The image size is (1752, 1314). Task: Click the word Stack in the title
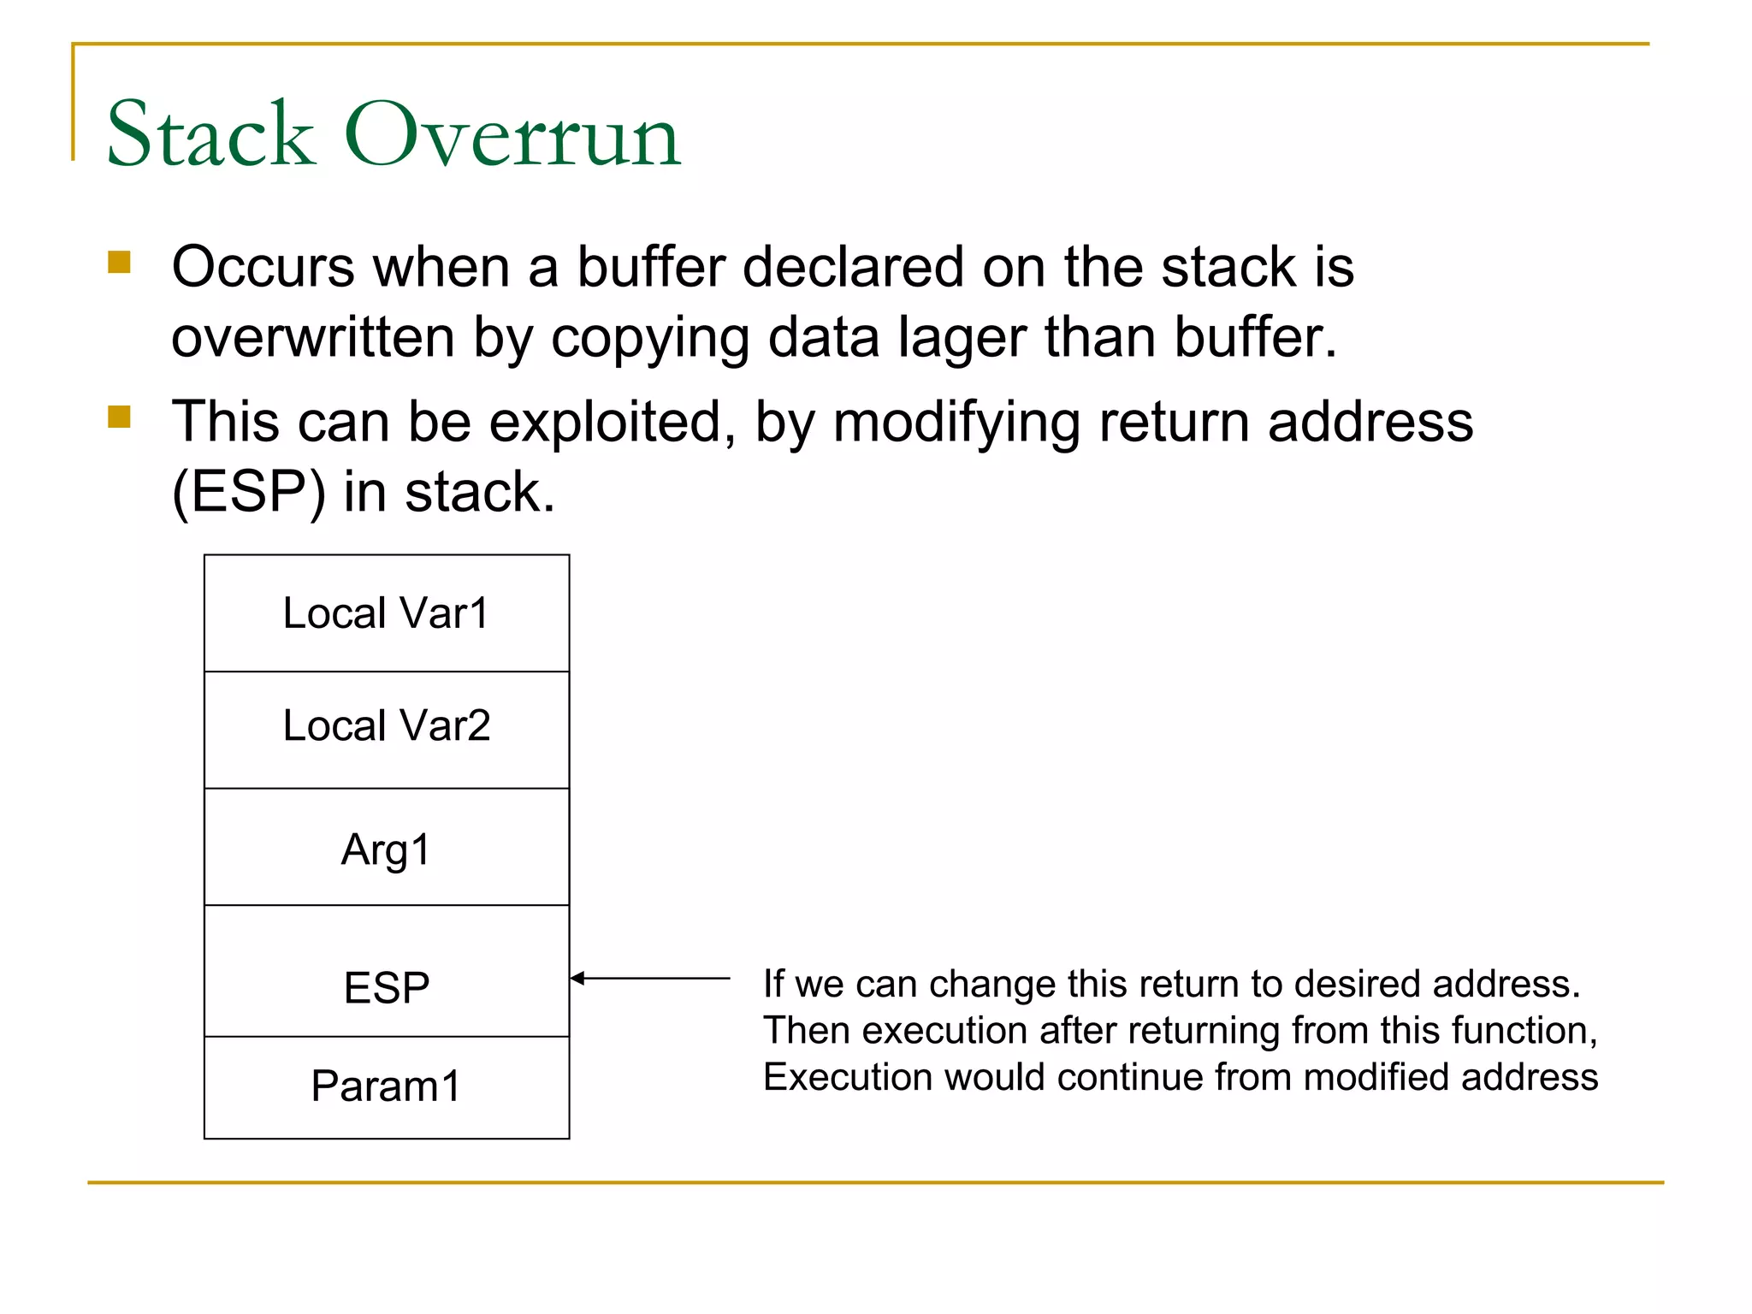[210, 134]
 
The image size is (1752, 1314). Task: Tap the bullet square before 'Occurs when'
[119, 262]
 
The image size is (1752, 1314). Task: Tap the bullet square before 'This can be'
[119, 417]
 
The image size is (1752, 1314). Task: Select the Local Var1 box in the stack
[387, 613]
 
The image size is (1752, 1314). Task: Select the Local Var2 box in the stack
[387, 729]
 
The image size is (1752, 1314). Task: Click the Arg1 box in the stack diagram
[387, 847]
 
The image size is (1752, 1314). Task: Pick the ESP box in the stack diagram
[387, 972]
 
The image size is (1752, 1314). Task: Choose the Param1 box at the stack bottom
[387, 1086]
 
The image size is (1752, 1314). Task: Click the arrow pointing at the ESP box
[650, 978]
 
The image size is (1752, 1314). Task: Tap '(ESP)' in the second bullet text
[249, 493]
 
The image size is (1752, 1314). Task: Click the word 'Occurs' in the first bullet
[263, 267]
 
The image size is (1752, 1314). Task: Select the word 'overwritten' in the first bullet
[312, 337]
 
